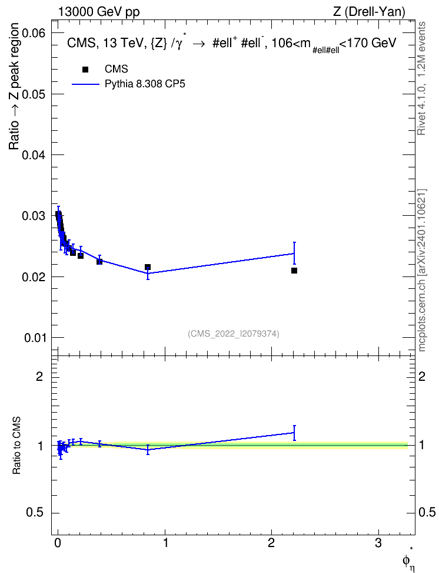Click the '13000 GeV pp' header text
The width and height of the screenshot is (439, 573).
click(x=99, y=12)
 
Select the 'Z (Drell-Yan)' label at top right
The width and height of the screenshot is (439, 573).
click(x=369, y=12)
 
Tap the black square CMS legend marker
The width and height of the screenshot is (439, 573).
click(x=85, y=70)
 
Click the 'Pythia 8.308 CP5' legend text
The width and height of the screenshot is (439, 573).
click(x=145, y=84)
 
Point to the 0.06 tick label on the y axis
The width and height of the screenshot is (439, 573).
click(x=34, y=33)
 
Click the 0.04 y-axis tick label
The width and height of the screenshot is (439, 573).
click(x=34, y=155)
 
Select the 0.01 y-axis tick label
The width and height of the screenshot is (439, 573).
click(x=35, y=338)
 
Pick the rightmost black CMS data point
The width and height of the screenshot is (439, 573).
click(x=294, y=271)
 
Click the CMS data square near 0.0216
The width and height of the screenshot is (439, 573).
click(x=148, y=267)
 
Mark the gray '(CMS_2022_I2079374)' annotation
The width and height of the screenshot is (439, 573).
click(x=234, y=334)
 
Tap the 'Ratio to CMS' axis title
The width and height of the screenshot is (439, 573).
click(x=16, y=445)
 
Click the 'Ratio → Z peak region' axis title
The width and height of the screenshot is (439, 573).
click(x=14, y=86)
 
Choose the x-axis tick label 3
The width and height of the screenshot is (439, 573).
click(x=378, y=543)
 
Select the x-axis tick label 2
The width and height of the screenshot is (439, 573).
click(x=271, y=543)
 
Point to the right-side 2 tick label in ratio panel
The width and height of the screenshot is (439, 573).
click(x=422, y=376)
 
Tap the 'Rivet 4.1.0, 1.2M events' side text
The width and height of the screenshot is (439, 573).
click(x=421, y=78)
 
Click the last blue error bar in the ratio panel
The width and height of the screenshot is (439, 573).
click(x=294, y=433)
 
